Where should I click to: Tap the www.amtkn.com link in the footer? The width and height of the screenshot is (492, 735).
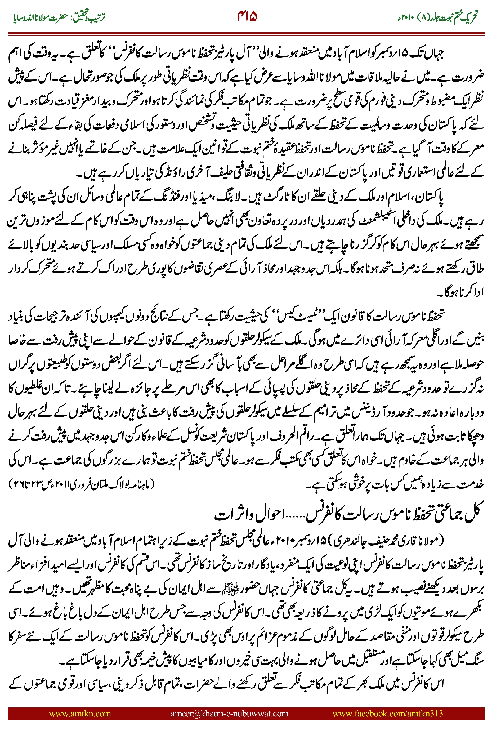tap(80, 714)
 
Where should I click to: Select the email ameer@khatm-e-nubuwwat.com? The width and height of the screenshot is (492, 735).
tap(229, 714)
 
